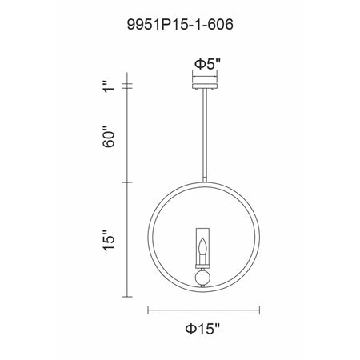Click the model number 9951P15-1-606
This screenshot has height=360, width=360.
[x=180, y=25]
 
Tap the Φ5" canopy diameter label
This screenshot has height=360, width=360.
[x=208, y=64]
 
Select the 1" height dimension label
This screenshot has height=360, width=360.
[x=109, y=86]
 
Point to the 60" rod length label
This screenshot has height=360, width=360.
[x=109, y=136]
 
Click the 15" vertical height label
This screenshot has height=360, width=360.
[x=109, y=240]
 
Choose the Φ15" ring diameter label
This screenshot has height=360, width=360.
[x=202, y=329]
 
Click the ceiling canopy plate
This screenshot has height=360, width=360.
[x=205, y=86]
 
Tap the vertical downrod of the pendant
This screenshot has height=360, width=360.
[x=205, y=136]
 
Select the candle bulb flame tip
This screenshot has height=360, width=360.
[x=203, y=238]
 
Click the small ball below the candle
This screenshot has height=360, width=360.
[x=203, y=278]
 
